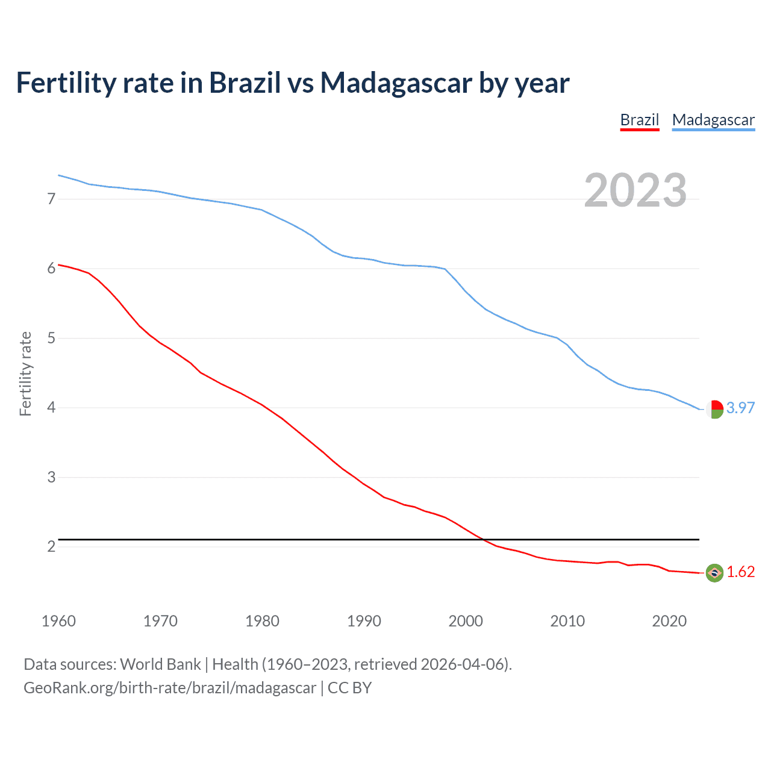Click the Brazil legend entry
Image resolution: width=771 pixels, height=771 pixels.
coord(640,120)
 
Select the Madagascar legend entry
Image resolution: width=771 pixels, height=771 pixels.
coord(713,120)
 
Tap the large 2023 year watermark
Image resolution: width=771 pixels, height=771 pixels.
coord(635,190)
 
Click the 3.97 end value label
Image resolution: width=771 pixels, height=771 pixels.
coord(740,408)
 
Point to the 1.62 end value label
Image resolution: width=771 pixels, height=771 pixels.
coord(740,572)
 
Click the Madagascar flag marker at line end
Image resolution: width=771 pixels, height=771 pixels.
coord(714,409)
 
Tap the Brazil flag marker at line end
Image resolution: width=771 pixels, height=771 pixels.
coord(714,573)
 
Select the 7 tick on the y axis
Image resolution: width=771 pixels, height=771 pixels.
coord(51,199)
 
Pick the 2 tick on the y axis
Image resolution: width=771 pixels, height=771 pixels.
coord(51,546)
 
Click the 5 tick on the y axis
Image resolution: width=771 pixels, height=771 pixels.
coord(51,338)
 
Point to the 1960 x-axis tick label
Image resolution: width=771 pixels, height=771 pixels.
coord(58,621)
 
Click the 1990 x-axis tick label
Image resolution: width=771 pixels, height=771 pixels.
coord(364,621)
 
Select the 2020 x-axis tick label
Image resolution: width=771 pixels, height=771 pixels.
coord(669,621)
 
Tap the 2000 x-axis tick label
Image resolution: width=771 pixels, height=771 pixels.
coord(466,621)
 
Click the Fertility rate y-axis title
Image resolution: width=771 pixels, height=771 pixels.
coord(25,373)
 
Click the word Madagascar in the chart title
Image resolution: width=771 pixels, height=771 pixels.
coord(396,83)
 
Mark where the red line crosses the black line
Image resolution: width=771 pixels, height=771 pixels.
coord(483,540)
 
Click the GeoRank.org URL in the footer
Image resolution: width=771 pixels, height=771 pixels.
coord(170,688)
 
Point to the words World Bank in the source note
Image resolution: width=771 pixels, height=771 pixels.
coord(160,664)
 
